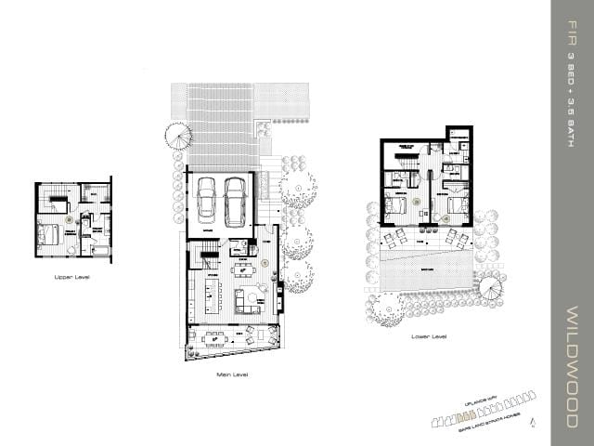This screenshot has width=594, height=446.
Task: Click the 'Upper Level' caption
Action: (x=71, y=277)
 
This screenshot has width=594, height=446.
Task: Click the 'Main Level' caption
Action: (x=231, y=374)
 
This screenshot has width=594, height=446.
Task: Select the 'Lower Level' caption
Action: (x=428, y=336)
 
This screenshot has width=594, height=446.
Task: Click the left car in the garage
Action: (x=207, y=196)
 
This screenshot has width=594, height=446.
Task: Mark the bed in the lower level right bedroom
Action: (x=457, y=206)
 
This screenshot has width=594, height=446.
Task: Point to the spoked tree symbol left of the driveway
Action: (x=177, y=137)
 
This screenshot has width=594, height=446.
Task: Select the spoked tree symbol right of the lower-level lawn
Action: (x=489, y=290)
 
